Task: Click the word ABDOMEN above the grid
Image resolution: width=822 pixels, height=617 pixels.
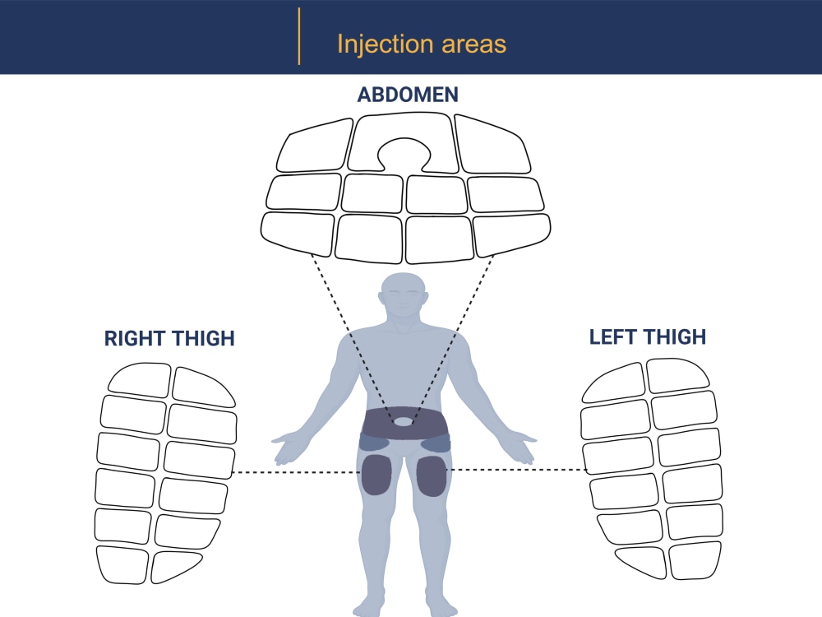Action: [x=408, y=95]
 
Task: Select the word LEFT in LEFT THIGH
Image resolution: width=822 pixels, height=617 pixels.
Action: [x=613, y=336]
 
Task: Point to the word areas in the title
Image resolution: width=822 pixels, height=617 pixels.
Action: [x=474, y=44]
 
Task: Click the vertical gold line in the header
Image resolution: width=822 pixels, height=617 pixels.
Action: [x=299, y=36]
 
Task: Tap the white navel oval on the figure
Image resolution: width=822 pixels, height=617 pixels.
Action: [x=403, y=421]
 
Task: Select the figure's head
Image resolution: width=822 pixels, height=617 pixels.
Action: [x=403, y=295]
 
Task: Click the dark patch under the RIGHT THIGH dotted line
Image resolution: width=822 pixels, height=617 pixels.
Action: [x=377, y=476]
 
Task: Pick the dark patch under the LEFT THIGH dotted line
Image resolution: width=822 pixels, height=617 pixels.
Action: [x=432, y=476]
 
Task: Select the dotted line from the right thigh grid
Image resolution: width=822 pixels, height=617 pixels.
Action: [x=296, y=473]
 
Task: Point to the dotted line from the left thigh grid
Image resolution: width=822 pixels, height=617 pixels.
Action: [x=516, y=470]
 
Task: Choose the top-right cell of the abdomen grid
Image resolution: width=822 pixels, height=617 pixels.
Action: [x=492, y=144]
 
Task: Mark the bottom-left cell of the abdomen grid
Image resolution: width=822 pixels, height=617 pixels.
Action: [x=298, y=233]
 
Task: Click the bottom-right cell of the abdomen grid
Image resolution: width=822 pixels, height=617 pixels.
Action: [x=512, y=234]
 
